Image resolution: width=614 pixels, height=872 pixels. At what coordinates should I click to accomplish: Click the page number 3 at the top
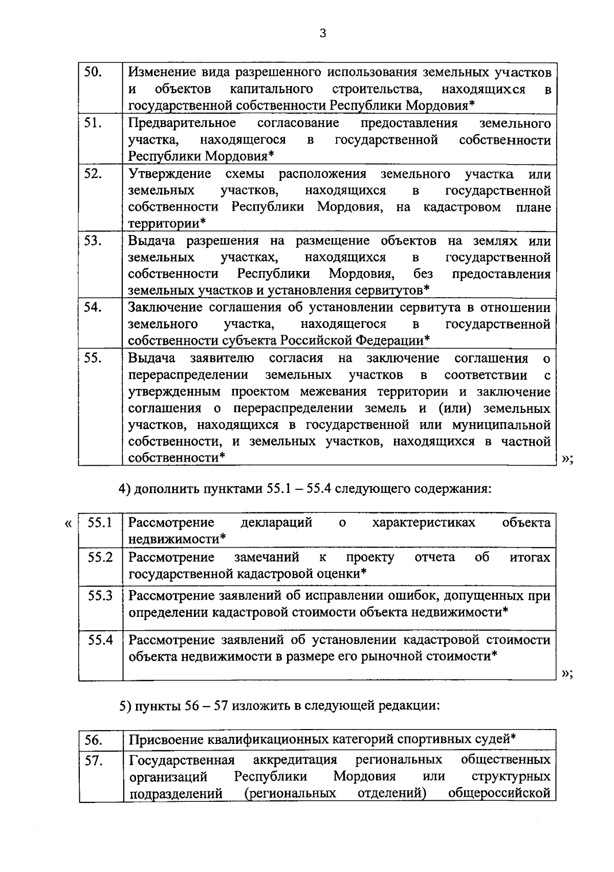click(x=322, y=34)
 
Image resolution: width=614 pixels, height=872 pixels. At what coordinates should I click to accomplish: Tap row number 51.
click(x=93, y=123)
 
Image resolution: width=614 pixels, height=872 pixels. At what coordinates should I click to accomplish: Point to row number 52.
click(x=93, y=174)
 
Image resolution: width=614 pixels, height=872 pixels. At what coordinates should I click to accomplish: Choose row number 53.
click(x=93, y=240)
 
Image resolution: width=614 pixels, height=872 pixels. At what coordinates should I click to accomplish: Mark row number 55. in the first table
click(x=93, y=358)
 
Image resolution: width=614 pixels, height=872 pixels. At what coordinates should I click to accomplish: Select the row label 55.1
click(x=100, y=523)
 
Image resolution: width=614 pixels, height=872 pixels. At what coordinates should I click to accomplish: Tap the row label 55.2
click(x=100, y=557)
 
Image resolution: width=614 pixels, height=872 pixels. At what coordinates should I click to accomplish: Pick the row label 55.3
click(x=100, y=595)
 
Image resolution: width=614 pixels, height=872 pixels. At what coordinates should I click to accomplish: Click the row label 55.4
click(x=100, y=639)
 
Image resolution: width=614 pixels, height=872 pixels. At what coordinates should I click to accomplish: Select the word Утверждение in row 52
click(x=169, y=174)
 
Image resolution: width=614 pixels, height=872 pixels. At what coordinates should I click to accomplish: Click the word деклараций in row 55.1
click(x=276, y=523)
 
